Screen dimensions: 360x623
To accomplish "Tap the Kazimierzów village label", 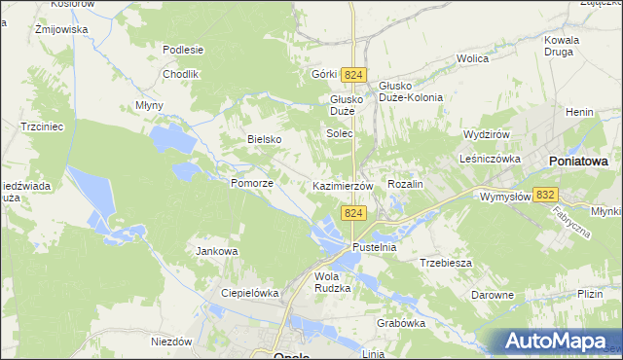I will click(342, 185).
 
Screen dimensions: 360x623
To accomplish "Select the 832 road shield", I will click(546, 196).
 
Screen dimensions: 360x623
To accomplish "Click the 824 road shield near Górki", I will click(354, 76).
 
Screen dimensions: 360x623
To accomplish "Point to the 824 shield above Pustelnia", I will click(353, 213).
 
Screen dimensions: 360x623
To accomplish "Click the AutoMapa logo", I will click(556, 342).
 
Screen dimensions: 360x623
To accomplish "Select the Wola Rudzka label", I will click(332, 281).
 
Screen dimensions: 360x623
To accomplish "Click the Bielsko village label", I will click(264, 139).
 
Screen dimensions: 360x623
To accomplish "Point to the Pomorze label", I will click(251, 183).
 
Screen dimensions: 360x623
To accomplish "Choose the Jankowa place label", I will click(217, 251).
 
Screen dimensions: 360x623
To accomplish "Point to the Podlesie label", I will click(183, 51).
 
